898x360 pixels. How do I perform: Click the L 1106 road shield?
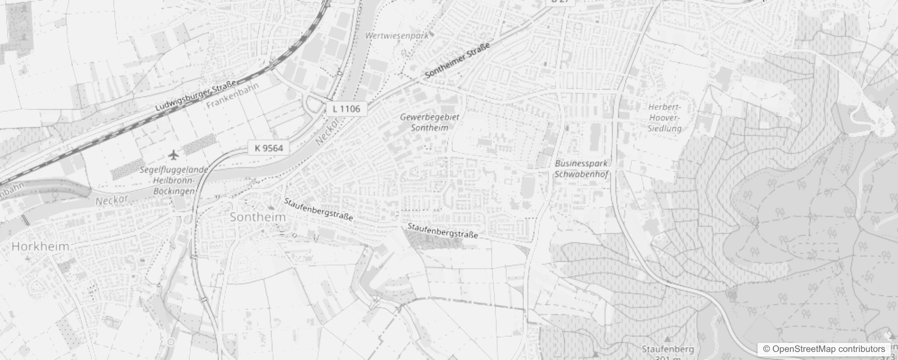point(346,108)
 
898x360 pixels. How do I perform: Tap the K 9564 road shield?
point(269,148)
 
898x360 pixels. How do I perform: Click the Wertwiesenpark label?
point(397,36)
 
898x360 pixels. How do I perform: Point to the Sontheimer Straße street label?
point(457,61)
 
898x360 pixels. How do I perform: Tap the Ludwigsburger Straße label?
point(196,96)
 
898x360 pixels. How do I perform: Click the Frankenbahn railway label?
point(233,96)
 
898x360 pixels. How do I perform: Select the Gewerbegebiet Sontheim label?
point(430,122)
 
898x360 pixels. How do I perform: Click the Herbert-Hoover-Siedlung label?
point(665,117)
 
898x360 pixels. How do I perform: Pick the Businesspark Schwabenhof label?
point(581,169)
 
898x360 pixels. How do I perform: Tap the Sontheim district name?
point(258,217)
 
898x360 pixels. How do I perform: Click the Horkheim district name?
point(40,246)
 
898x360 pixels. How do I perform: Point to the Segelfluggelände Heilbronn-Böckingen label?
point(174,180)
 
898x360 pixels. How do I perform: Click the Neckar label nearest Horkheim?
point(112,199)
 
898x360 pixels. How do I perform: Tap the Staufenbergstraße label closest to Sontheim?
point(319,209)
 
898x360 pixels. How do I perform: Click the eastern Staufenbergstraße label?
point(442,230)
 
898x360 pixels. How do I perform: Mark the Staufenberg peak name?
point(668,349)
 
